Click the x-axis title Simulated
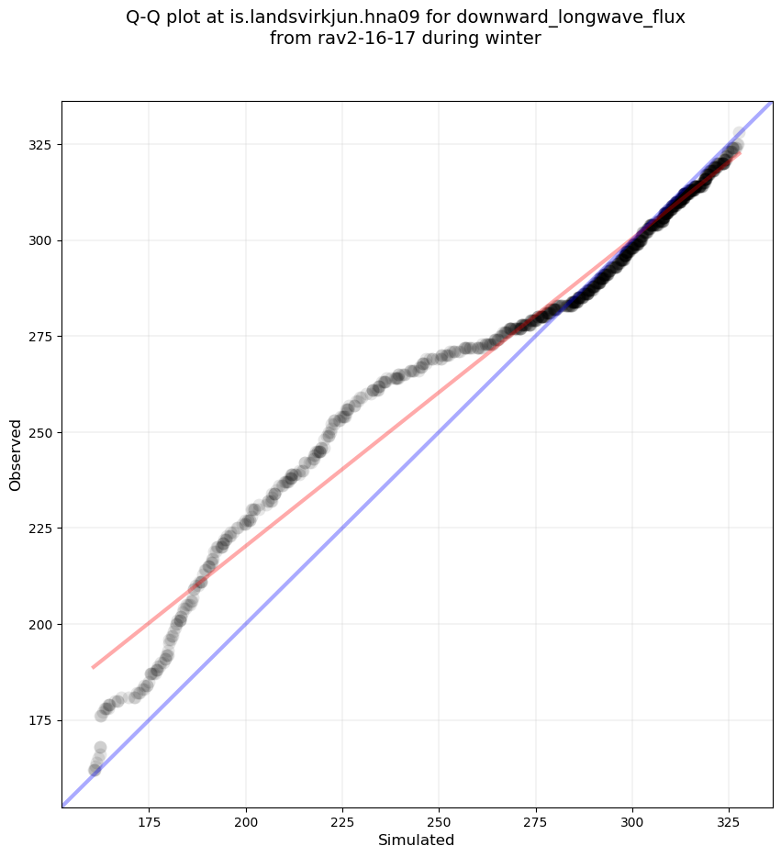point(417,840)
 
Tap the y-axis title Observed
point(16,455)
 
